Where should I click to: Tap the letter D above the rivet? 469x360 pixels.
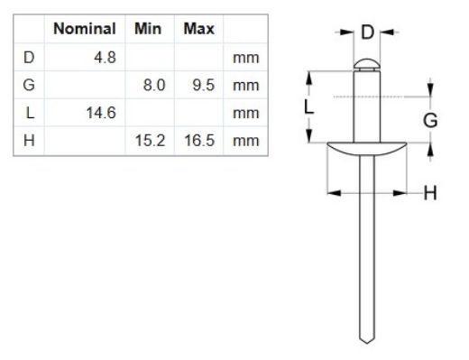tap(367, 33)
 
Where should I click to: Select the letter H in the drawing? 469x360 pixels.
tap(429, 192)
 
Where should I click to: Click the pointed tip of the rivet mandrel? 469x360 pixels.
tap(364, 341)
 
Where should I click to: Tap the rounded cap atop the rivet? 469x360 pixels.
tap(364, 63)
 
